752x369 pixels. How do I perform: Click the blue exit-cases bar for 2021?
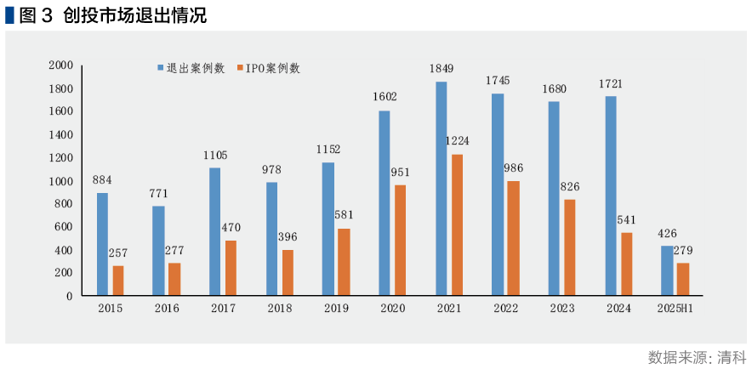point(442,188)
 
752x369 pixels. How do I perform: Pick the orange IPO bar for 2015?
point(118,281)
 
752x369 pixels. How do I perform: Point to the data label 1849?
point(442,68)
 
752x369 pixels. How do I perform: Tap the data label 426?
point(667,232)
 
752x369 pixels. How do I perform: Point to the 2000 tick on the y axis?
point(60,65)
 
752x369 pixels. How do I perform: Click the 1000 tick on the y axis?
point(60,181)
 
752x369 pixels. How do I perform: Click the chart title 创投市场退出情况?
point(135,15)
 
